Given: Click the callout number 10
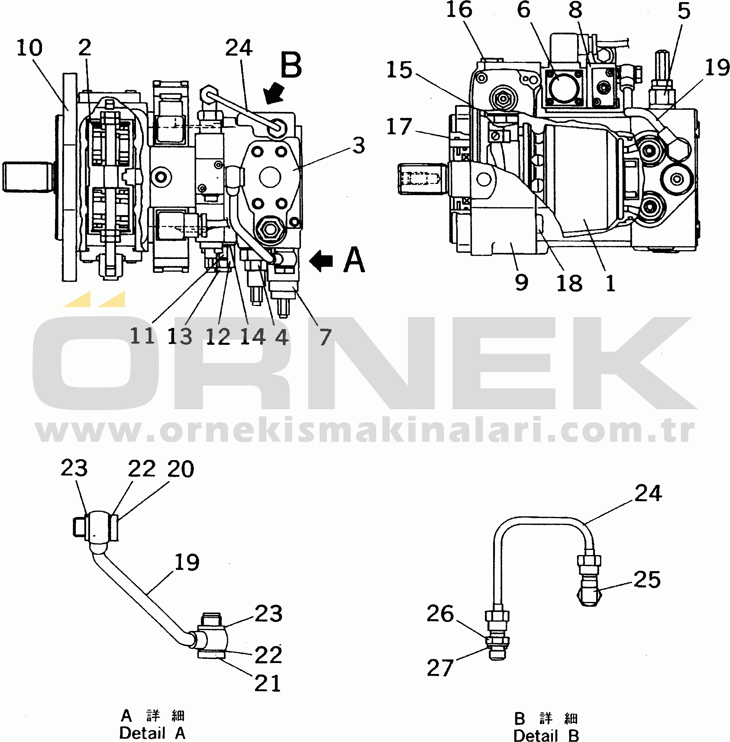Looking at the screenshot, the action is (30, 48).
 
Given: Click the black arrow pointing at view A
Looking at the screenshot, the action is (321, 261).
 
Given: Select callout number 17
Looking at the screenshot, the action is (399, 126).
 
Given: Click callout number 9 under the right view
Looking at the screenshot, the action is (522, 283).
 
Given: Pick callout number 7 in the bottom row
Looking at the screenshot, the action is (325, 337).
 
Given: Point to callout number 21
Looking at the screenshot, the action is (268, 683).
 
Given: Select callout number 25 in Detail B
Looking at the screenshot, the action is (647, 579).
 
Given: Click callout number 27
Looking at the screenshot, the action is (440, 668).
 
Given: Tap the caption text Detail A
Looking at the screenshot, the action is (153, 733).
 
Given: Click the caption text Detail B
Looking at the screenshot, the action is (546, 735).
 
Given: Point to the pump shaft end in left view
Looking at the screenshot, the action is (27, 177).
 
